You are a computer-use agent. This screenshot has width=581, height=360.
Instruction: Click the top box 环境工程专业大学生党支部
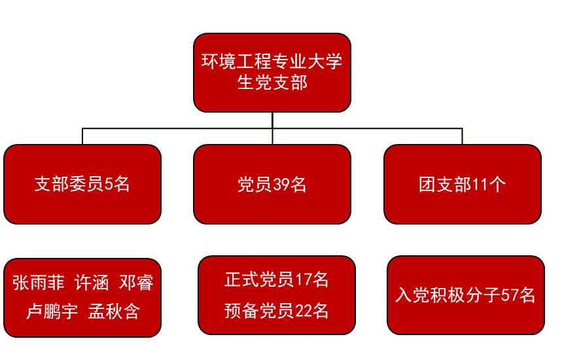click(x=272, y=72)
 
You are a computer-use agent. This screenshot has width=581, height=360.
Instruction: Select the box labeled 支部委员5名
click(x=82, y=184)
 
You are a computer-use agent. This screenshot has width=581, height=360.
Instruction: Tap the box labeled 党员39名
click(x=272, y=184)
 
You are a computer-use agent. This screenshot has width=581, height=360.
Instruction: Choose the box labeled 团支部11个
click(x=463, y=184)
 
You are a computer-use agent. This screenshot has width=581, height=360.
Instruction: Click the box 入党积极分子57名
click(x=466, y=295)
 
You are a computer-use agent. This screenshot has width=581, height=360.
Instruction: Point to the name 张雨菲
click(x=39, y=283)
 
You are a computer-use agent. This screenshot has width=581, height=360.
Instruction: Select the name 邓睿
click(x=136, y=283)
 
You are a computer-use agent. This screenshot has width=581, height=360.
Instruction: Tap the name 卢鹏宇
click(x=52, y=312)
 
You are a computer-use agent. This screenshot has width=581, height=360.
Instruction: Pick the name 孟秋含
click(x=114, y=312)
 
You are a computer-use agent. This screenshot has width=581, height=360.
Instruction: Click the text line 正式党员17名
click(x=277, y=280)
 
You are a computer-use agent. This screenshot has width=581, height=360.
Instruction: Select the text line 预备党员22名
click(x=277, y=310)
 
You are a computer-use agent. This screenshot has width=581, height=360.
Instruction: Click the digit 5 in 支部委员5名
click(x=109, y=185)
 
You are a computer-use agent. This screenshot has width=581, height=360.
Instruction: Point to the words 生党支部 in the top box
click(x=272, y=83)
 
